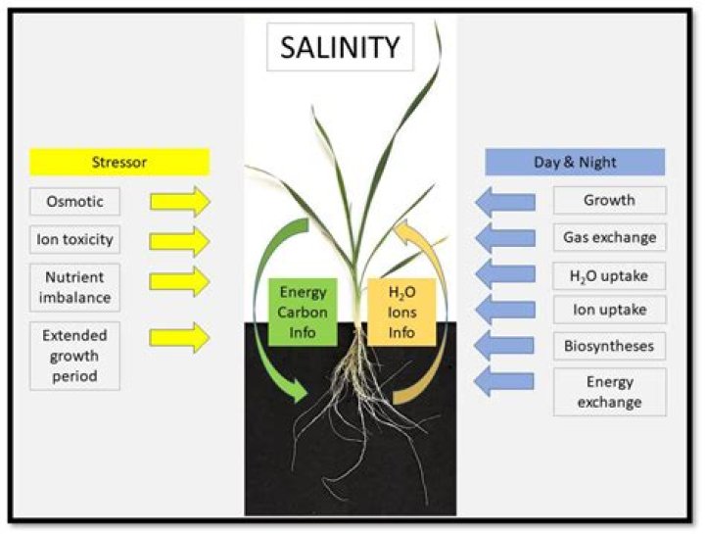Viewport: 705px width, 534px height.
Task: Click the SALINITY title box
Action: click(x=340, y=46)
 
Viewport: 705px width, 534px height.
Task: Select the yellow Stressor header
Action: click(x=119, y=162)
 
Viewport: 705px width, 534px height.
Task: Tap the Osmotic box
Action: click(x=74, y=203)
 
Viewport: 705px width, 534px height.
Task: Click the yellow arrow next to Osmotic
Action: click(x=180, y=203)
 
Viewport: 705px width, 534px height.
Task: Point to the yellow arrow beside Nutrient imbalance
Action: click(x=180, y=280)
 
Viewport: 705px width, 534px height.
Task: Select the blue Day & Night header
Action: click(x=575, y=162)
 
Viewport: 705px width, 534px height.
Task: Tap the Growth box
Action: click(x=609, y=201)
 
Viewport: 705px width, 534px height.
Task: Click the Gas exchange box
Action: click(x=609, y=237)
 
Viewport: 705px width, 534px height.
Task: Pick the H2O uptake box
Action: click(x=609, y=274)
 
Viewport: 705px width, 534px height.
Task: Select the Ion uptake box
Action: click(x=609, y=311)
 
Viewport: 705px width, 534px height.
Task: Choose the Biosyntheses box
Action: click(x=609, y=347)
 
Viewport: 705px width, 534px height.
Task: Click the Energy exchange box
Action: click(x=609, y=392)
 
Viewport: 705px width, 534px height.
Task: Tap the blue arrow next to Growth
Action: click(x=505, y=202)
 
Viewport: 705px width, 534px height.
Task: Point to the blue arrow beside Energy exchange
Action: click(x=505, y=381)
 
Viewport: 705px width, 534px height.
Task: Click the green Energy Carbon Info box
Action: click(x=303, y=312)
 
